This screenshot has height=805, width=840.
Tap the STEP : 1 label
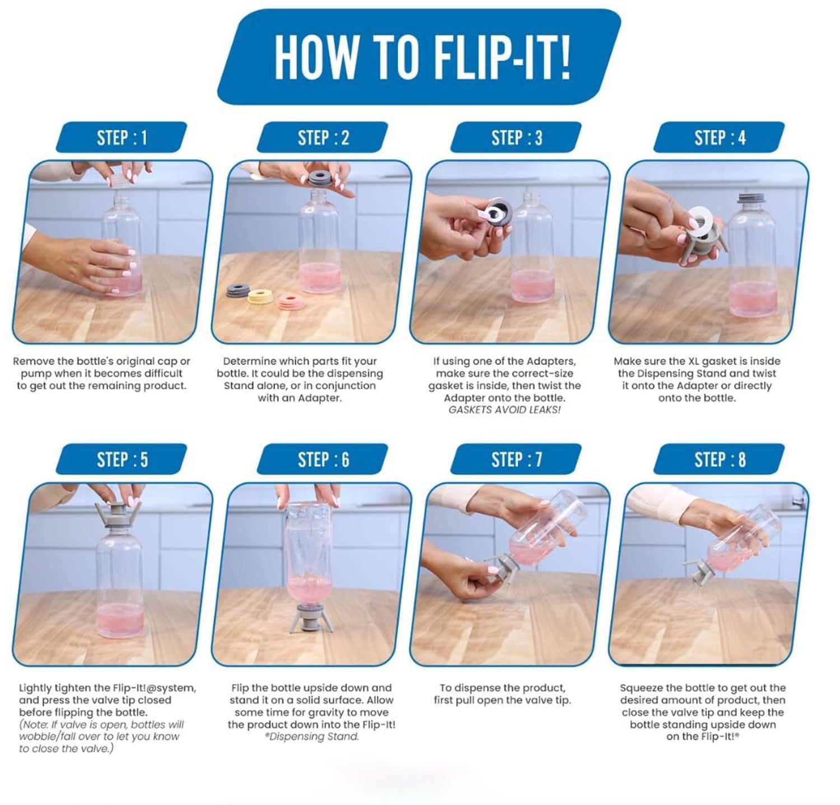pos(122,138)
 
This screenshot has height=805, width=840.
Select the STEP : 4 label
pos(720,138)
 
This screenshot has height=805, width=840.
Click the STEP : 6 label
pos(323,460)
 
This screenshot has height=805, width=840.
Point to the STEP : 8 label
pos(720,460)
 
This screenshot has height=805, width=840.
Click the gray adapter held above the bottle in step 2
pos(321,179)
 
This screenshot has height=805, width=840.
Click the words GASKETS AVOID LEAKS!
pos(505,410)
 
